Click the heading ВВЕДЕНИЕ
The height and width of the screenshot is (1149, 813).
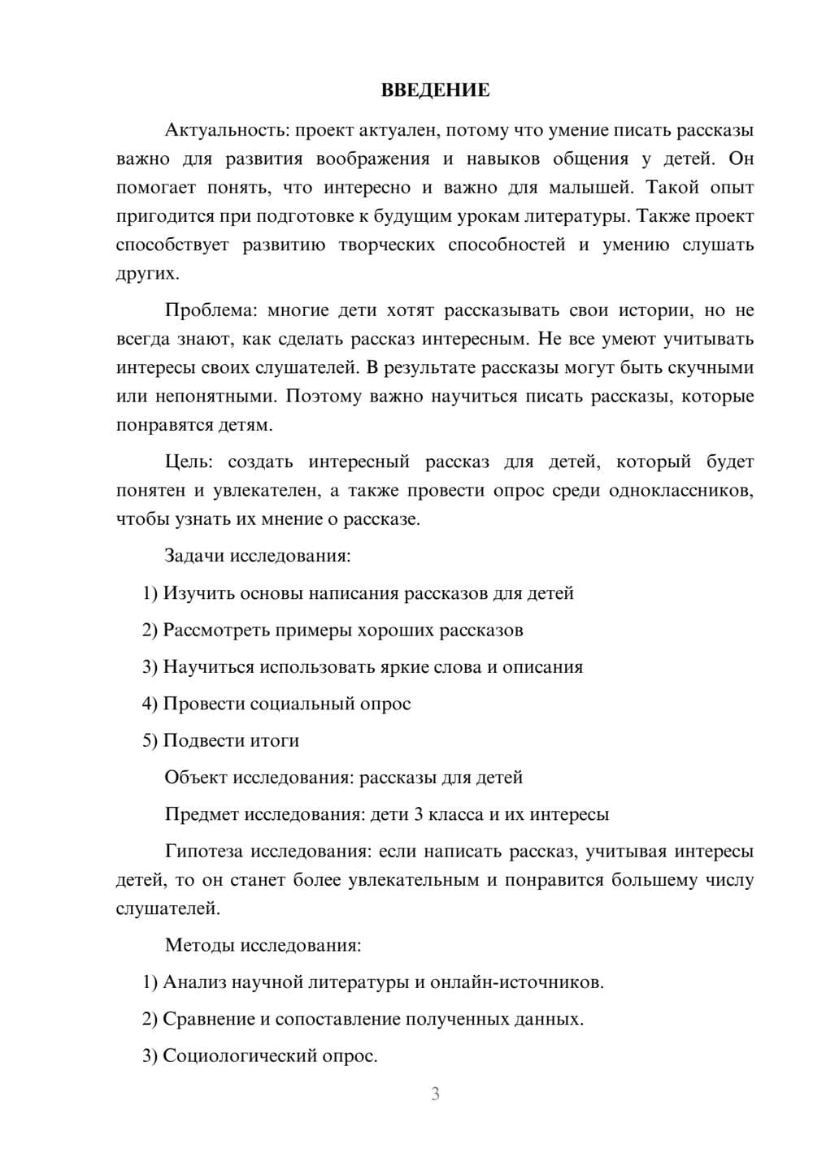(435, 90)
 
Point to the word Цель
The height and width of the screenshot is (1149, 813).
(188, 462)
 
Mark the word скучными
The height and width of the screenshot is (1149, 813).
(711, 368)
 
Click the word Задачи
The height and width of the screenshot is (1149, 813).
(194, 557)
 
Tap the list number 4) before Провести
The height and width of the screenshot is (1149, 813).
(150, 704)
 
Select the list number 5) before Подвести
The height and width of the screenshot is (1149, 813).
(150, 741)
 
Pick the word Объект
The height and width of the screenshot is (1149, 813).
(196, 778)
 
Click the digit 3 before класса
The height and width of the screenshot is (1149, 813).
(419, 815)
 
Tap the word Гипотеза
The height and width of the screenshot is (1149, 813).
(203, 852)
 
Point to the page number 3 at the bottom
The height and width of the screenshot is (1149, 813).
(436, 1095)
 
